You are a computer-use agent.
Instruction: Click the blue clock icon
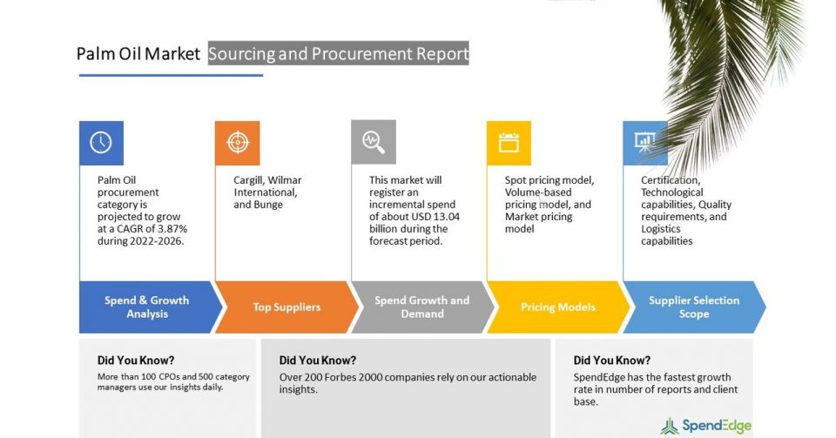point(101,143)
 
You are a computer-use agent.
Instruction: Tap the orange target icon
point(237,143)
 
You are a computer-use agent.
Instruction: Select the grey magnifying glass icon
point(374,142)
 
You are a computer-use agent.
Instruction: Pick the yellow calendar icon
point(509,143)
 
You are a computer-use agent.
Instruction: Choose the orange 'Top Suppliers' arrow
point(287,307)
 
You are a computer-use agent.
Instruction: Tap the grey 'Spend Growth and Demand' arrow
point(423,307)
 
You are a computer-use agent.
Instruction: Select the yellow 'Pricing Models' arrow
point(558,307)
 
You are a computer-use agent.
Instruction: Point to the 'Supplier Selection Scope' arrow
point(694,307)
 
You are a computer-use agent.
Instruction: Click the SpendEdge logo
point(706,426)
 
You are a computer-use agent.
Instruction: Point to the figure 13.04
point(446,217)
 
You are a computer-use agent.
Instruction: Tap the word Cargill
point(248,180)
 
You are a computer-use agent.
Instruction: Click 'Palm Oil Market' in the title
point(138,54)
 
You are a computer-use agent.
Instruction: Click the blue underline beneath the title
point(172,75)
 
